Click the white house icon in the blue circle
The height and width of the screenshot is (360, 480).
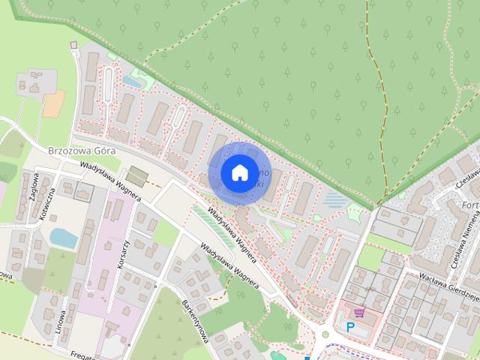[238, 173]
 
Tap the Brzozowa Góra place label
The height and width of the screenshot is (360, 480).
[80, 150]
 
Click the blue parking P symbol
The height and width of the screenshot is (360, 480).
[349, 327]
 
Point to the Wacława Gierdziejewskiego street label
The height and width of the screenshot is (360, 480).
[443, 292]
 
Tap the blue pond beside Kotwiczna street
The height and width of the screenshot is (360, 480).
[64, 238]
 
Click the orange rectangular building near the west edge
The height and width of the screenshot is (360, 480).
[53, 104]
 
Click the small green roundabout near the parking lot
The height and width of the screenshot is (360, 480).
[326, 335]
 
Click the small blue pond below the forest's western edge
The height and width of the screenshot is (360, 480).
[132, 79]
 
